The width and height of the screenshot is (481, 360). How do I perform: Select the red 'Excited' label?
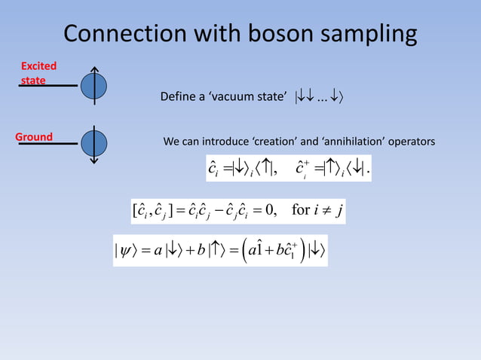(38, 66)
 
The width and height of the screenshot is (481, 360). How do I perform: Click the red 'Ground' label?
(35, 137)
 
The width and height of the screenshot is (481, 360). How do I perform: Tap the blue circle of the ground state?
(93, 142)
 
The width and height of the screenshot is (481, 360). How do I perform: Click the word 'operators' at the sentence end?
(410, 142)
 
